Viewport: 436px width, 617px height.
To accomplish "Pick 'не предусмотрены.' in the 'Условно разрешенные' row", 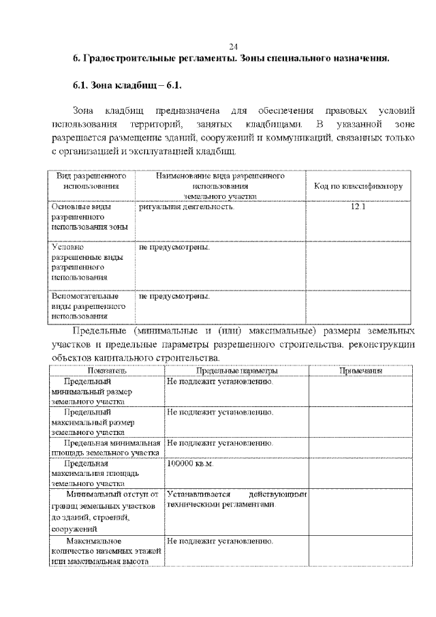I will pyautogui.click(x=174, y=247).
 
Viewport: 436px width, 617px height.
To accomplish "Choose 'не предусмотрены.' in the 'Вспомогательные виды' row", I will pyautogui.click(x=174, y=297).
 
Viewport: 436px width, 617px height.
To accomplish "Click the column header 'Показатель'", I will pyautogui.click(x=107, y=371).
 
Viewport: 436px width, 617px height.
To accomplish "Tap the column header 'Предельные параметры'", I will pyautogui.click(x=236, y=371).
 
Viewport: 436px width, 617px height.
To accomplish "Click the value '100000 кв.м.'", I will pyautogui.click(x=190, y=464).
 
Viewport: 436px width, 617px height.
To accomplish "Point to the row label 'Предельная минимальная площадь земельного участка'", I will pyautogui.click(x=106, y=447).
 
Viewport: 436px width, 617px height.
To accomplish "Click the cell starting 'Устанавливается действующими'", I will pyautogui.click(x=236, y=499).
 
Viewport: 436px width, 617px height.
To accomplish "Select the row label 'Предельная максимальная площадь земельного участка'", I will pyautogui.click(x=95, y=473).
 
